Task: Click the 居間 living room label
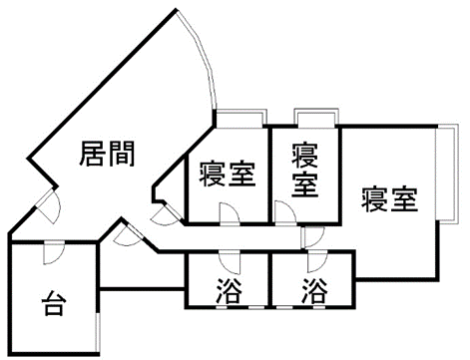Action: (107, 154)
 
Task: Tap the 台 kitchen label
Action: (52, 303)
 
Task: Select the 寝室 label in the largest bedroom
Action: (389, 199)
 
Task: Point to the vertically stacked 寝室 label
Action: (305, 171)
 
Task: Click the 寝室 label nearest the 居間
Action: (228, 174)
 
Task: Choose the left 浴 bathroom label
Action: (229, 290)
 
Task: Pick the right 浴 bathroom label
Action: (314, 290)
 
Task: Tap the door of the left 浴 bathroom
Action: (230, 263)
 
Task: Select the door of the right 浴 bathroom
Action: (317, 262)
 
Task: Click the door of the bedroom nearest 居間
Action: (230, 214)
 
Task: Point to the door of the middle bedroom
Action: (285, 213)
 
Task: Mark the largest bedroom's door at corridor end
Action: (312, 237)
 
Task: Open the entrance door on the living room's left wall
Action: (49, 206)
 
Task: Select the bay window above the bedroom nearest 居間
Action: (240, 118)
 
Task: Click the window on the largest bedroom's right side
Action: (448, 174)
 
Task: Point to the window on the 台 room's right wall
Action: (97, 331)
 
